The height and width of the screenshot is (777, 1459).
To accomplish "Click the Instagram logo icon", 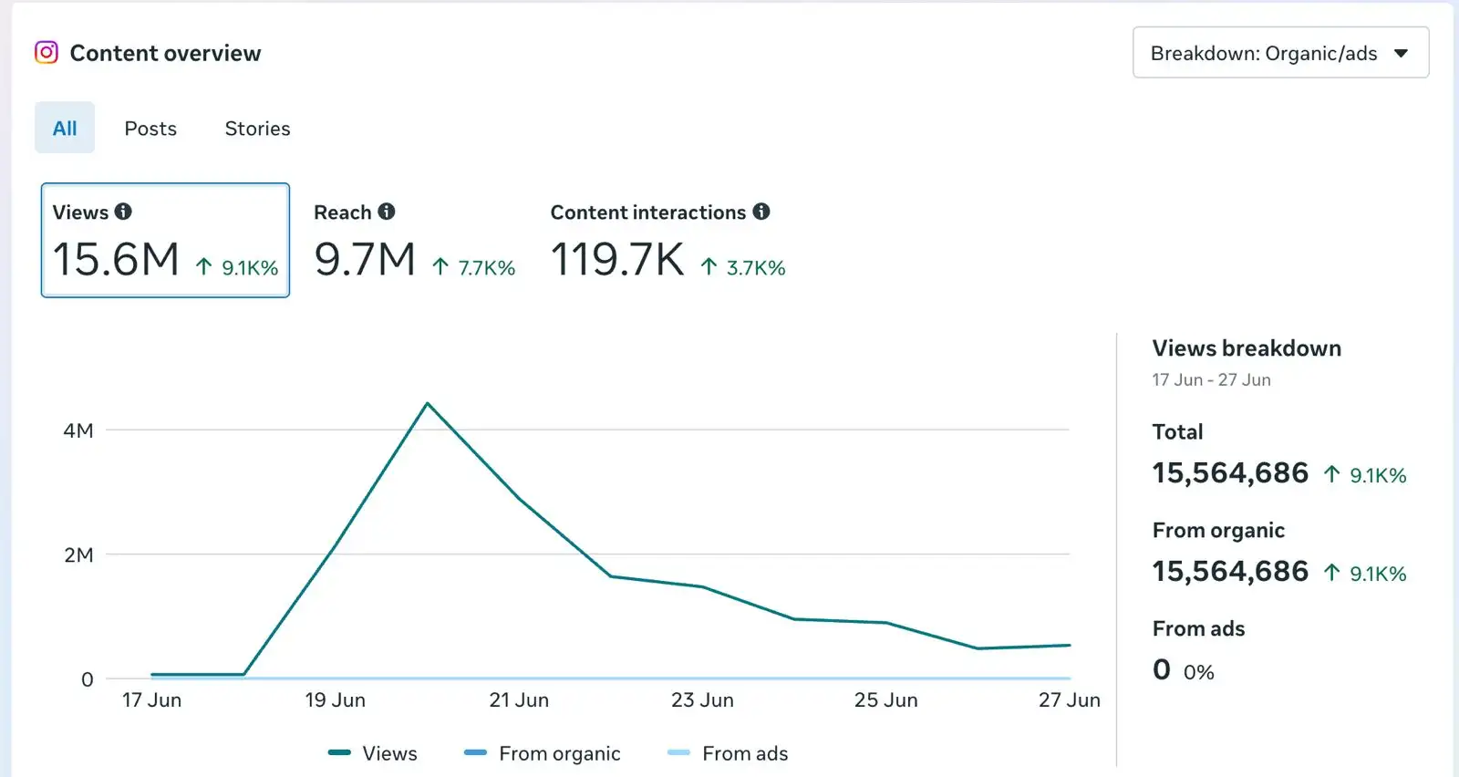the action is click(47, 52).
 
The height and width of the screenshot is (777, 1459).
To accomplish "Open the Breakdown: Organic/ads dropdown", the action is click(1280, 52).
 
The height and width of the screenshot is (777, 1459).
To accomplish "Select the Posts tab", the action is click(150, 129).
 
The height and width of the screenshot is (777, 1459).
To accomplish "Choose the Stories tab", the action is click(257, 129).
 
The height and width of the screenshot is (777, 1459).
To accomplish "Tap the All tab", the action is click(65, 128).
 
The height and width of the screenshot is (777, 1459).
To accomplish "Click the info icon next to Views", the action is click(123, 212).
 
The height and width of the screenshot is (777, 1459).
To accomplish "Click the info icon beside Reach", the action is click(387, 212).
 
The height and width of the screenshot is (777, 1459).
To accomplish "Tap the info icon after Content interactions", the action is click(761, 212).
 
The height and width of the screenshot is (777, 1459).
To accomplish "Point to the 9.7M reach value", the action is click(364, 259).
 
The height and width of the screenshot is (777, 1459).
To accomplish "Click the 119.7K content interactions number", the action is click(616, 259).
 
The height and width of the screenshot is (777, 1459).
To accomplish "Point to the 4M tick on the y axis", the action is click(78, 430).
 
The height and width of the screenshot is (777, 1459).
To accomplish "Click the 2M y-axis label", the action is click(78, 554).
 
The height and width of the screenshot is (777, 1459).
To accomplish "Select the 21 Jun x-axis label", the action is click(519, 700).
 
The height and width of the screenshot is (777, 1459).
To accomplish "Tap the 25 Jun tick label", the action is click(885, 700).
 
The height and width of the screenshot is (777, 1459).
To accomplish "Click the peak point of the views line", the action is click(428, 404).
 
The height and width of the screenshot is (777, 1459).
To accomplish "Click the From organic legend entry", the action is click(542, 753).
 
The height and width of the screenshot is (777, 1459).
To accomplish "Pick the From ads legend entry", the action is click(728, 753).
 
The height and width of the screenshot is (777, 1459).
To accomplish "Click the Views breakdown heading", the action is click(1247, 348).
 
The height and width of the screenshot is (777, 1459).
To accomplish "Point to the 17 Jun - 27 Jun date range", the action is click(1211, 379).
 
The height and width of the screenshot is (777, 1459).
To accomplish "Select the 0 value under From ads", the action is click(1162, 669).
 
